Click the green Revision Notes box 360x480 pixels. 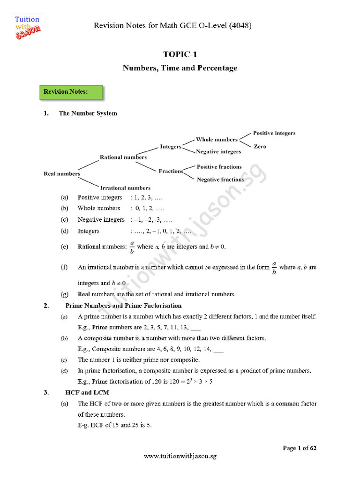pos(69,92)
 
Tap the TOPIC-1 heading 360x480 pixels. pos(180,54)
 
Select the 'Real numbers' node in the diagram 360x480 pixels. pos(62,174)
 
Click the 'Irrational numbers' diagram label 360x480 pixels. pos(126,188)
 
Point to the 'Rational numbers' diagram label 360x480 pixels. pos(123,157)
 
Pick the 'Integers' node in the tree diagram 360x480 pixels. pos(171,147)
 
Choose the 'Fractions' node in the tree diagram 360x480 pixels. pos(171,171)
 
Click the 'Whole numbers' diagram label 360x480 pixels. pos(217,140)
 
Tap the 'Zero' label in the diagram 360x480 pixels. pos(260,147)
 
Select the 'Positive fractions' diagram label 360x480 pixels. pos(219,167)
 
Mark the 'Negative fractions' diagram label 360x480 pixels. pos(220,180)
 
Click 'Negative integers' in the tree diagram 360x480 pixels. pos(218,152)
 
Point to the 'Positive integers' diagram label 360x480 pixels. pos(274,133)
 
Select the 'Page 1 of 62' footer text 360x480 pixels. pos(300,449)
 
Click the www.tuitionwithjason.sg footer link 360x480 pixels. pos(180,456)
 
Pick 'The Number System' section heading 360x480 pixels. pos(88,113)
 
